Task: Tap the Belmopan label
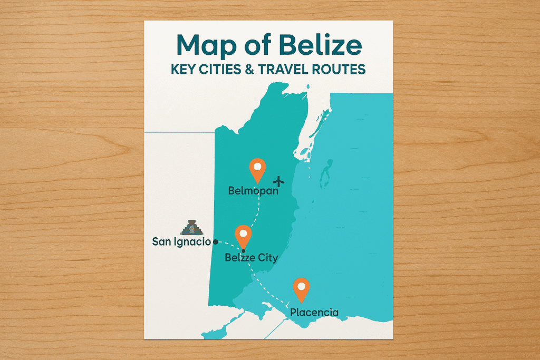click(x=253, y=191)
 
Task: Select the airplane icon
click(x=278, y=181)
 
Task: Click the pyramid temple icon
click(x=191, y=227)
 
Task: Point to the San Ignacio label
click(x=181, y=242)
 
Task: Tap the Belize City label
click(x=251, y=258)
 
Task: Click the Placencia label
click(x=314, y=313)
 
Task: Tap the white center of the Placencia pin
click(x=301, y=287)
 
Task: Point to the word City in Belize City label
click(x=267, y=258)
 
